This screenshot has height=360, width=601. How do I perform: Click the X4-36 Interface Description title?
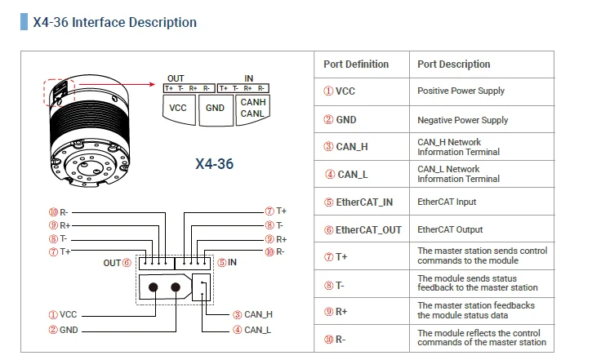[x=114, y=23]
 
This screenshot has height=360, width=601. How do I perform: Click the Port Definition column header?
[x=356, y=64]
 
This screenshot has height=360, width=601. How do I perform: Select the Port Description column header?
[x=454, y=64]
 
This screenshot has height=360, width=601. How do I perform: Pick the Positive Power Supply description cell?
[x=461, y=91]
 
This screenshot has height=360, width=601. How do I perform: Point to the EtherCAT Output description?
[x=450, y=230]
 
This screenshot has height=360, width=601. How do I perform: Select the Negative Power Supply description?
[x=463, y=120]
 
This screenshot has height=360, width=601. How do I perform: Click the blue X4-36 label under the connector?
[x=215, y=164]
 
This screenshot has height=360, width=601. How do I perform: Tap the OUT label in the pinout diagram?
[x=112, y=263]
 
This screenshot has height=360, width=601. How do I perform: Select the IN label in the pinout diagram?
[x=233, y=263]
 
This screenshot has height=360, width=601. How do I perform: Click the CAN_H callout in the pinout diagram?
[x=258, y=314]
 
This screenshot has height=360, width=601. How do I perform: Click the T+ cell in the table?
[x=341, y=256]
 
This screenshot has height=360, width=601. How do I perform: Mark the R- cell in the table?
[x=341, y=339]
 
